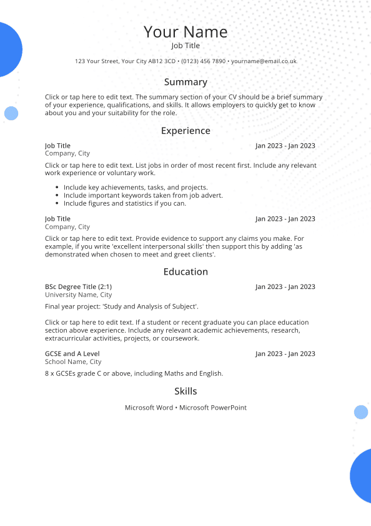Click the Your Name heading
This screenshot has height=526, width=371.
pyautogui.click(x=185, y=32)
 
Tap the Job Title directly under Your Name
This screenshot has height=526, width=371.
pyautogui.click(x=185, y=46)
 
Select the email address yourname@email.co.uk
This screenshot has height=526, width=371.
pyautogui.click(x=264, y=61)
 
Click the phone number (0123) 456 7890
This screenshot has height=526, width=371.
pyautogui.click(x=204, y=61)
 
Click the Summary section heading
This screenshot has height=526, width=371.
pyautogui.click(x=185, y=82)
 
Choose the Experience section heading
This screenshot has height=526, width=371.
pyautogui.click(x=185, y=131)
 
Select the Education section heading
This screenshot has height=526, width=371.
pyautogui.click(x=185, y=271)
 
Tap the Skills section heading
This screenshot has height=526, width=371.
pyautogui.click(x=185, y=391)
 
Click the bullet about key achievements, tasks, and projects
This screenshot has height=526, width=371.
pyautogui.click(x=136, y=187)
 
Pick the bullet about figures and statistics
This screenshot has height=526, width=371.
pyautogui.click(x=125, y=203)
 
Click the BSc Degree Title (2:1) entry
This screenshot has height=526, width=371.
pyautogui.click(x=78, y=286)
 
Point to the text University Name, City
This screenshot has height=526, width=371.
pyautogui.click(x=78, y=295)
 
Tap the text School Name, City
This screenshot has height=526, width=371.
pyautogui.click(x=73, y=362)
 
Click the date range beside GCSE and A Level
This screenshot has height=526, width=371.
pyautogui.click(x=285, y=353)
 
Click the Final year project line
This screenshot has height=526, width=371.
pyautogui.click(x=121, y=306)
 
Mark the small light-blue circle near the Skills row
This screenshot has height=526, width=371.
pyautogui.click(x=361, y=412)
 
